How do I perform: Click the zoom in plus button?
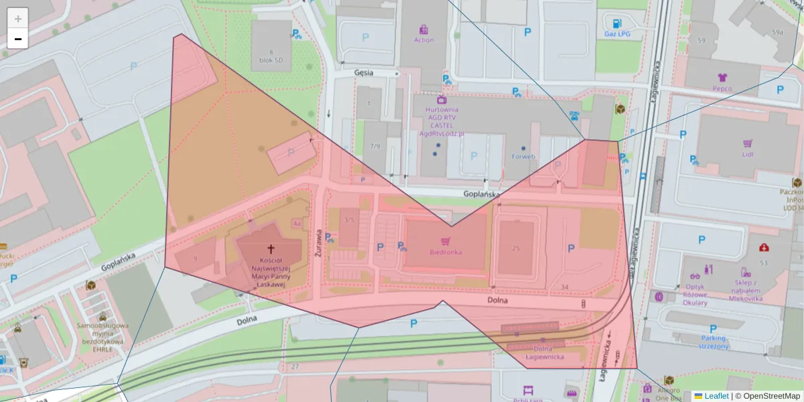18,18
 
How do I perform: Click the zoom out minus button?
18,39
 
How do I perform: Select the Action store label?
423,40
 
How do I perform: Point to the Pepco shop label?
722,88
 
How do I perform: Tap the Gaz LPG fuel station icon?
616,23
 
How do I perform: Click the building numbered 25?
515,249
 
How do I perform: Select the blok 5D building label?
271,59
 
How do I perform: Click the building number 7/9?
375,146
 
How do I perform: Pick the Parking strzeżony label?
713,342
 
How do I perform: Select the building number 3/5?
349,220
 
